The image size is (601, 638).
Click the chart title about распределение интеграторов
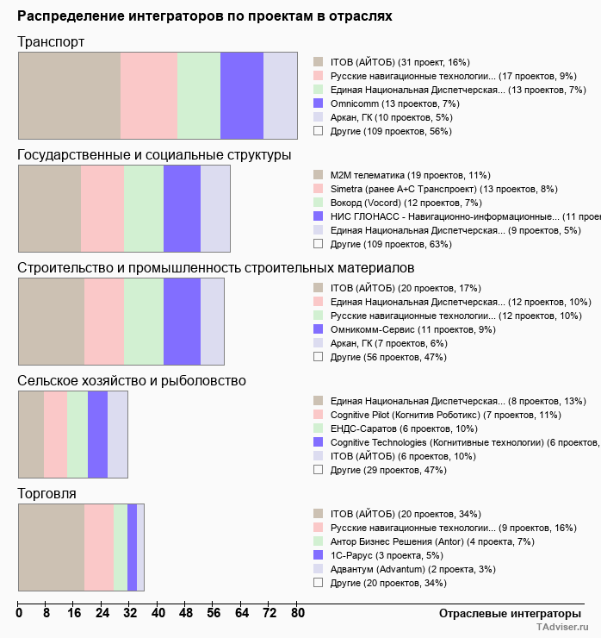pos(204,16)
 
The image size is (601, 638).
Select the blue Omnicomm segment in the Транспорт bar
pos(242,95)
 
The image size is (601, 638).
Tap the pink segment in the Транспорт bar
pos(149,95)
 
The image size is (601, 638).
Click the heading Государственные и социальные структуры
pos(154,154)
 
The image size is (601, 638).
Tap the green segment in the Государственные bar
pos(144,208)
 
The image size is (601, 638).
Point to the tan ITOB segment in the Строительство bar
pos(52,321)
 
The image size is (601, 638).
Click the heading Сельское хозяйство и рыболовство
pos(132,380)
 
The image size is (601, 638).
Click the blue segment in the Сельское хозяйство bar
pos(97,434)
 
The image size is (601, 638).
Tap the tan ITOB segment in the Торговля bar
pos(52,547)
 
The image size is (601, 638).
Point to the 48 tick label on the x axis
pos(186,614)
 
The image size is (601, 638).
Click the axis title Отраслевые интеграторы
pos(505,613)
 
